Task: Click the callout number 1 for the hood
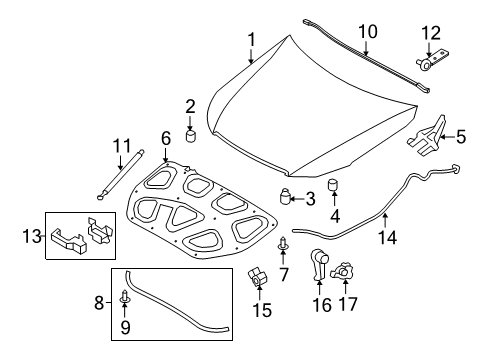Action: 252,39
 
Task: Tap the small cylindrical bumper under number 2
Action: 190,137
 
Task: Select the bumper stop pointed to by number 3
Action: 284,196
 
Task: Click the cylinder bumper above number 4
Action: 334,185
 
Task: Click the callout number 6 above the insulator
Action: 166,138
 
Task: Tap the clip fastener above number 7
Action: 283,243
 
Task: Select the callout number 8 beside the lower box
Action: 99,303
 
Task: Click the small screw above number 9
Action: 125,296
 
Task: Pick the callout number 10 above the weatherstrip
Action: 368,32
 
